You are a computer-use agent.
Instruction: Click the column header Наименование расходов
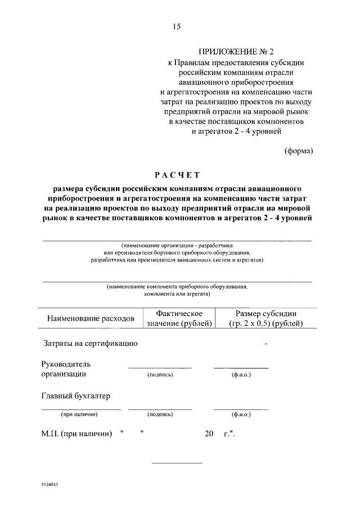[91, 318]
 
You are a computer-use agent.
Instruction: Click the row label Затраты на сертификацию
[91, 343]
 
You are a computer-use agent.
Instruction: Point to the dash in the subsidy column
[265, 343]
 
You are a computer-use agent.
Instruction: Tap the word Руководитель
[66, 364]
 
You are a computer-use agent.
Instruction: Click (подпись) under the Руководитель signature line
[160, 375]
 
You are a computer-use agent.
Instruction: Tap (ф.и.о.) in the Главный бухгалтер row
[241, 415]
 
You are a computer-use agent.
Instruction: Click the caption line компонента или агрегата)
[177, 294]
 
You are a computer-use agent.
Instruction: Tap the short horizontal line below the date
[177, 462]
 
